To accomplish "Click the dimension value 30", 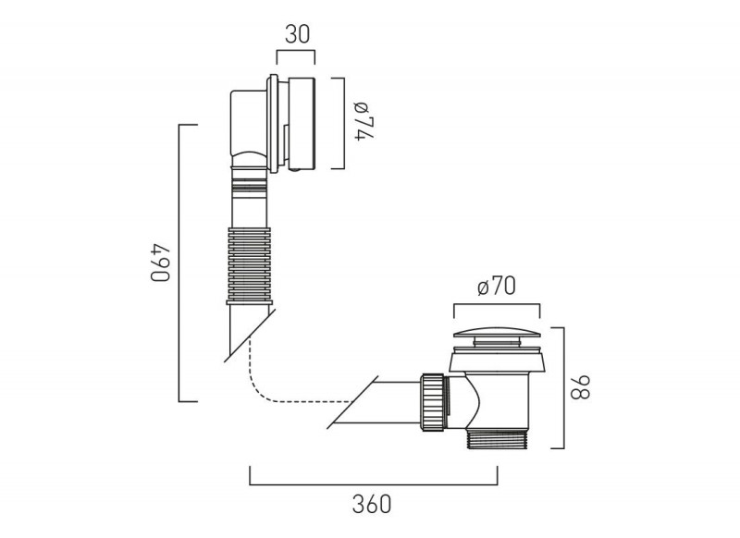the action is tap(297, 34).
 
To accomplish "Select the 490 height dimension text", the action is tap(160, 263).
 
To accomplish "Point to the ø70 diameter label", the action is tap(497, 287).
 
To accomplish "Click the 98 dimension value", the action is tap(581, 387).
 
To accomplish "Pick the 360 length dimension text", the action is tap(372, 505).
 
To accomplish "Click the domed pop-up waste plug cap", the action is tap(497, 334).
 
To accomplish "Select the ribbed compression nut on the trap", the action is tap(433, 402).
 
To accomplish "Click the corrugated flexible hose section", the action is tap(249, 265).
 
